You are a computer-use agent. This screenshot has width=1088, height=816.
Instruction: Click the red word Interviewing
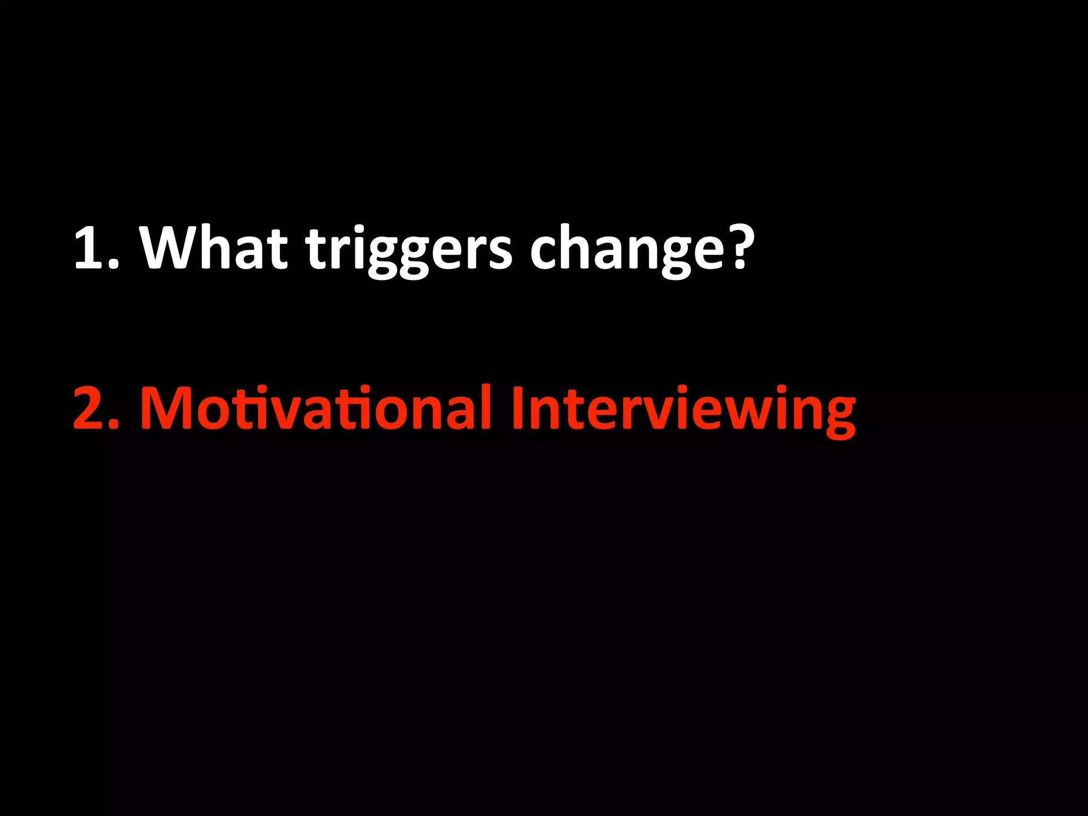683,409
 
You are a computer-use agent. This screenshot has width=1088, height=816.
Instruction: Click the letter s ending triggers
500,253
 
